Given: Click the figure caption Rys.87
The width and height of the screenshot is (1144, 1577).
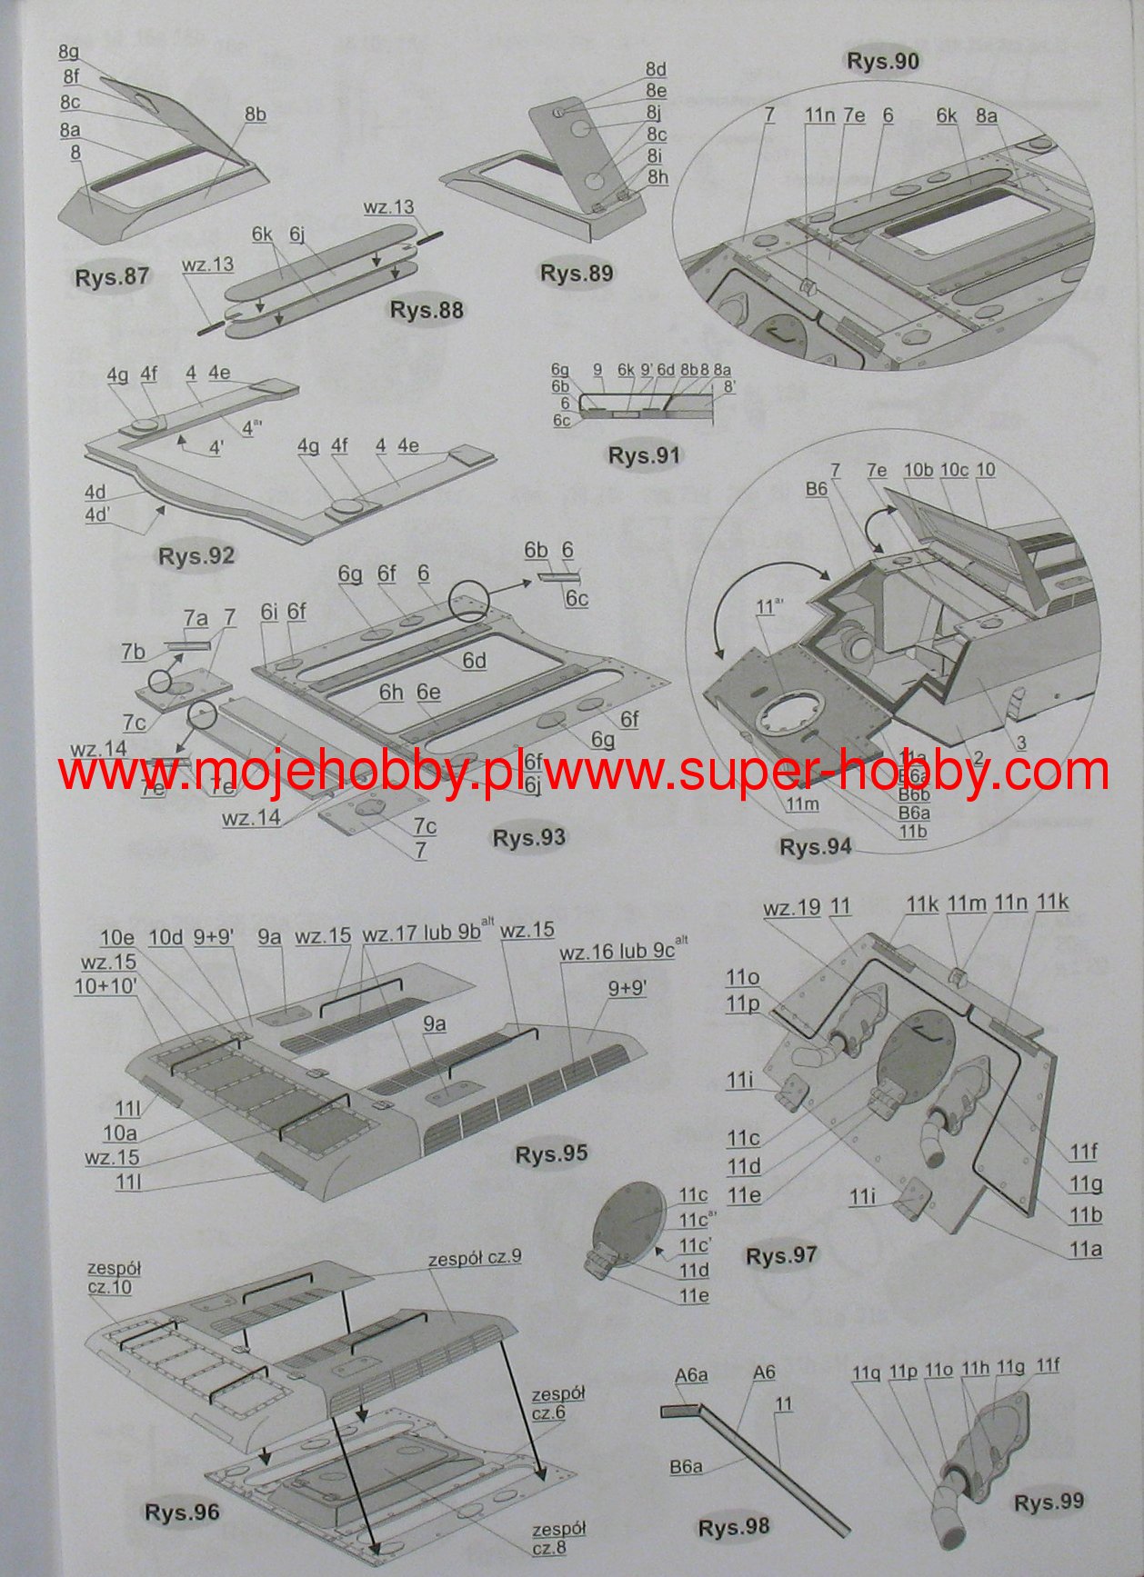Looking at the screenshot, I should click(x=111, y=276).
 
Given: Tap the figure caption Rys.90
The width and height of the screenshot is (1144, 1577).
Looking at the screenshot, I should click(x=882, y=61).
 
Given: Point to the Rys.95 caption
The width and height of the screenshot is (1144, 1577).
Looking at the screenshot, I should click(x=551, y=1153).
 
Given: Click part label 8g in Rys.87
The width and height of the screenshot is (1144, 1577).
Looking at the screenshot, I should click(x=68, y=52).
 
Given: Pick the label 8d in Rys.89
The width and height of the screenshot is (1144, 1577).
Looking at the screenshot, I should click(x=656, y=70).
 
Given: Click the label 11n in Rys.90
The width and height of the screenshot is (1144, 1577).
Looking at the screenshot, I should click(x=818, y=115).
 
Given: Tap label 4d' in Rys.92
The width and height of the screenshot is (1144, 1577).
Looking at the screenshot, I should click(x=96, y=513).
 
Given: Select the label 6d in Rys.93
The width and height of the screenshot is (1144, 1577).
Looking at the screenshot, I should click(x=474, y=661).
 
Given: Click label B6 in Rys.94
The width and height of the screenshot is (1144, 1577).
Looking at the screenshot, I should click(x=816, y=489).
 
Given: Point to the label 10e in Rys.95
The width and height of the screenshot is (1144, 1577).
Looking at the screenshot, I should click(x=117, y=938).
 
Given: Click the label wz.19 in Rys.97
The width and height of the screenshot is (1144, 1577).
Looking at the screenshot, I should click(x=791, y=907).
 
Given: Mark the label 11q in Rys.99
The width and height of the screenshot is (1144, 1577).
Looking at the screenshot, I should click(x=867, y=1372).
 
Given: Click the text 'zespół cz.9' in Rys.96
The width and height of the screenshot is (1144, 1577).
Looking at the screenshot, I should click(x=475, y=1258).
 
